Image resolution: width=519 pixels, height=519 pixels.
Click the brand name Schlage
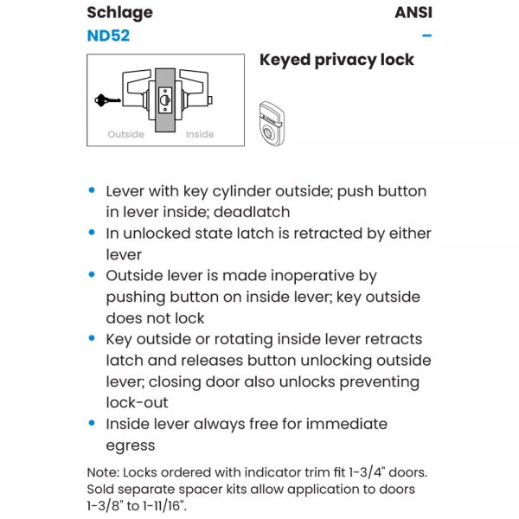tap(119, 12)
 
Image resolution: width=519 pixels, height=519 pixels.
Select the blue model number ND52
tap(108, 36)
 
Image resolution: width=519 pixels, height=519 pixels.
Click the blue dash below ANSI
tap(426, 36)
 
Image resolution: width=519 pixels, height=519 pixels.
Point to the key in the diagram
tap(108, 100)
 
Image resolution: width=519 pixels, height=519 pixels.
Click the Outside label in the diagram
tap(125, 134)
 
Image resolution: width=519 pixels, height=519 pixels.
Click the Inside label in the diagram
tap(200, 134)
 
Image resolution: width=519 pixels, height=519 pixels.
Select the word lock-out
tap(138, 402)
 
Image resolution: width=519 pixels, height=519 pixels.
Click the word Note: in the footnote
tap(106, 472)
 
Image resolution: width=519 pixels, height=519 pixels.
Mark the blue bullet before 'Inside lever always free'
tap(93, 424)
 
